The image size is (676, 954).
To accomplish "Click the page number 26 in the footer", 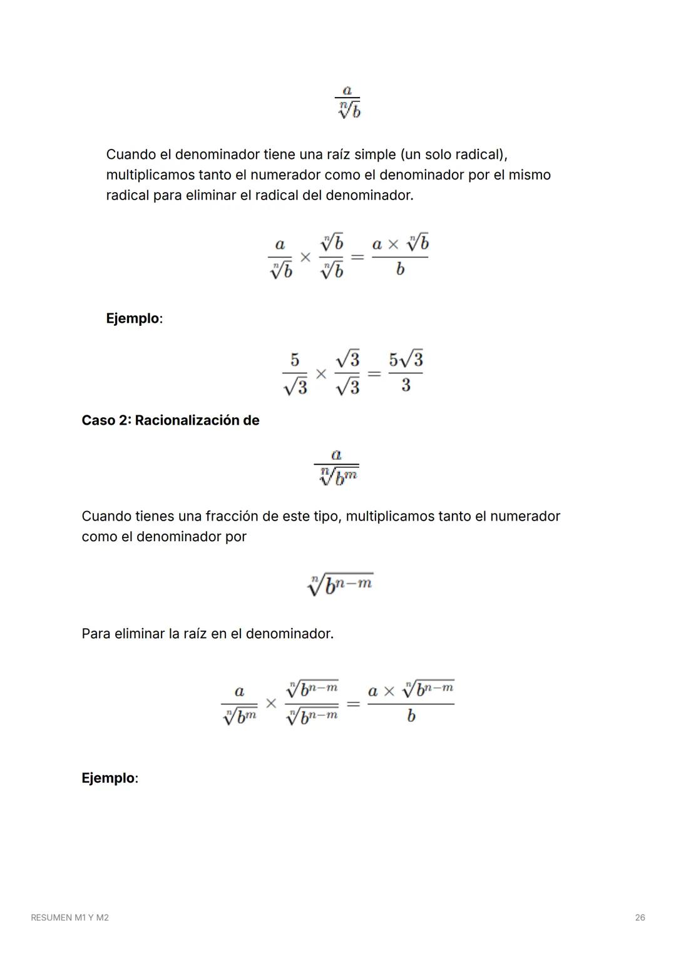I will [640, 917].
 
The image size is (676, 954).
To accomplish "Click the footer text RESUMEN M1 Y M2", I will [69, 917].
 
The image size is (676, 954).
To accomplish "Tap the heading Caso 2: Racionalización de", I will [170, 420].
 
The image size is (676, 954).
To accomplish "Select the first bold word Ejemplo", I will [133, 318].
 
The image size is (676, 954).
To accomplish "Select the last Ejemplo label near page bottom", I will [108, 778].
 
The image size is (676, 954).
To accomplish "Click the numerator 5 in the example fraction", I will [295, 360].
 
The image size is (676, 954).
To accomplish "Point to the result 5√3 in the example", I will [406, 360].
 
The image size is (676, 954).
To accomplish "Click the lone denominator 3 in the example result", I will [406, 385].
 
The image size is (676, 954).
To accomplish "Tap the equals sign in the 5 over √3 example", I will [374, 374].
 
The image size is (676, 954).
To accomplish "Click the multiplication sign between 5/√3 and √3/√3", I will [321, 374].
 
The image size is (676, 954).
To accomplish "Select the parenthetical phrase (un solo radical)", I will [453, 155].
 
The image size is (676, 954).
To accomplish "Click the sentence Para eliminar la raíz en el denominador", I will [207, 634].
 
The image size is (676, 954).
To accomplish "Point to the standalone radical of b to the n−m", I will [341, 585].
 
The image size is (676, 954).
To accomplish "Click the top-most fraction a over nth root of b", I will [348, 103].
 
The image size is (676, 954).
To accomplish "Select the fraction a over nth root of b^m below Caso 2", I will [337, 467].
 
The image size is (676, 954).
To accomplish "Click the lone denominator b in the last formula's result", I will [411, 716].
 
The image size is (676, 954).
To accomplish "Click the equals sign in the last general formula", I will [353, 704].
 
